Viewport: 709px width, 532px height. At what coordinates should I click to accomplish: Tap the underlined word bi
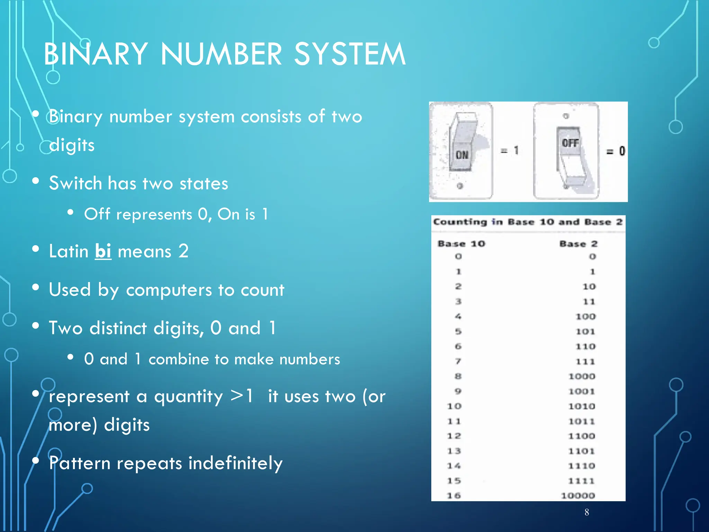pos(103,251)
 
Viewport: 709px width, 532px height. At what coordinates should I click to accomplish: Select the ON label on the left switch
pos(462,155)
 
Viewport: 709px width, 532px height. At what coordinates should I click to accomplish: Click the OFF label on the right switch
pos(570,143)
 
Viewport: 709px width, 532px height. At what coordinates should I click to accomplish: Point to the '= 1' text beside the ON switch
pos(510,150)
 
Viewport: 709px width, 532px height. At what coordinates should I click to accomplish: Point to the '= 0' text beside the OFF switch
pos(616,151)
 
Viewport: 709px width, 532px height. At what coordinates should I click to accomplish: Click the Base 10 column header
pos(461,244)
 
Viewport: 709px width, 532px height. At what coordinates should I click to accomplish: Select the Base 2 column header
pos(578,244)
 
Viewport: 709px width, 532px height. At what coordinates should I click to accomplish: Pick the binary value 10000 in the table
pos(578,496)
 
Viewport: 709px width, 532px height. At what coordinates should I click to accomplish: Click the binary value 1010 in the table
pos(582,406)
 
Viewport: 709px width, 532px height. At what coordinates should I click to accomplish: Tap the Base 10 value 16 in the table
pos(454,496)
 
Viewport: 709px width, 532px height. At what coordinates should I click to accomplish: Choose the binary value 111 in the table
pos(585,362)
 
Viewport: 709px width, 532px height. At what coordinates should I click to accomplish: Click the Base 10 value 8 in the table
pos(458,376)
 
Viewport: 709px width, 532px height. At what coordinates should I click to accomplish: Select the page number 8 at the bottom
pos(587,512)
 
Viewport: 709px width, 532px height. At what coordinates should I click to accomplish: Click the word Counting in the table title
pos(460,222)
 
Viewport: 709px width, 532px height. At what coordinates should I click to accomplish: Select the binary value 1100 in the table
pos(582,436)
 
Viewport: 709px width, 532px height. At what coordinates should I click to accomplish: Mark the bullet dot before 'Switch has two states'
pos(35,181)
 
